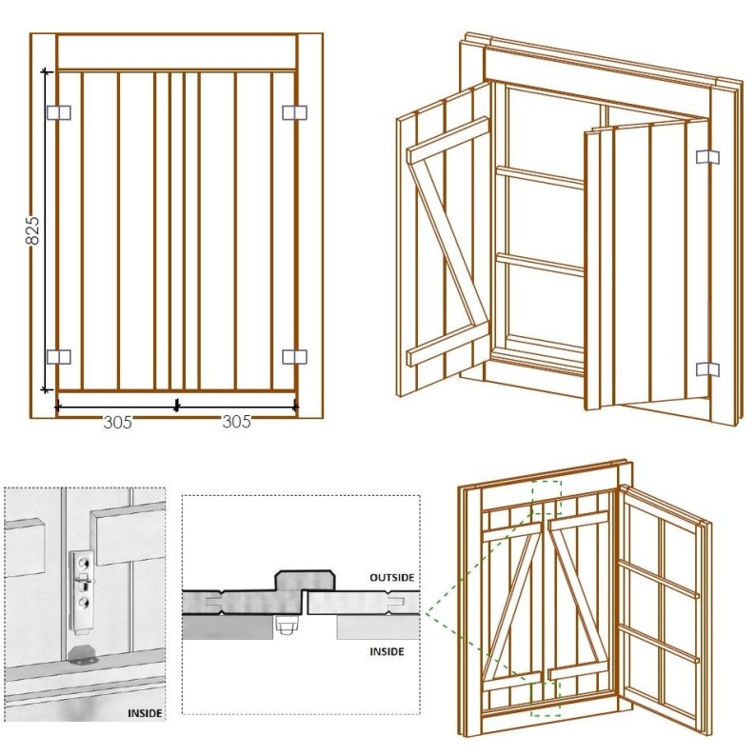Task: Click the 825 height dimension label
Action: pyautogui.click(x=32, y=230)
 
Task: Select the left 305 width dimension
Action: pyautogui.click(x=118, y=423)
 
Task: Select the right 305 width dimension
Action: pyautogui.click(x=237, y=422)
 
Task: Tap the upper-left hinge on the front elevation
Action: pyautogui.click(x=59, y=112)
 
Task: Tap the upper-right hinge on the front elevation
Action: pyautogui.click(x=294, y=112)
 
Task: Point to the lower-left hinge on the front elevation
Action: pyautogui.click(x=59, y=357)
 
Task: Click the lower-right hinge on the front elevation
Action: pyautogui.click(x=294, y=357)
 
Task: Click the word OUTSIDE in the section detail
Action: pyautogui.click(x=392, y=577)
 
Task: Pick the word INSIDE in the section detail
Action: pyautogui.click(x=387, y=652)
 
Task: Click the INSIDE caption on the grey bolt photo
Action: pyautogui.click(x=145, y=713)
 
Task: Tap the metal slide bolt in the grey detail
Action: pyautogui.click(x=82, y=590)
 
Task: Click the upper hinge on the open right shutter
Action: pyautogui.click(x=707, y=157)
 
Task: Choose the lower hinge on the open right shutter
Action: pyautogui.click(x=707, y=369)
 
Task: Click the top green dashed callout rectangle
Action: pyautogui.click(x=547, y=498)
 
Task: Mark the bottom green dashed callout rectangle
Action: pyautogui.click(x=546, y=698)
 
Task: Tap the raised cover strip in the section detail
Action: pyautogui.click(x=305, y=580)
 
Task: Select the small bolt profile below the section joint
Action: pyautogui.click(x=286, y=626)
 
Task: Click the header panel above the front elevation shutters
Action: pyautogui.click(x=176, y=52)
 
